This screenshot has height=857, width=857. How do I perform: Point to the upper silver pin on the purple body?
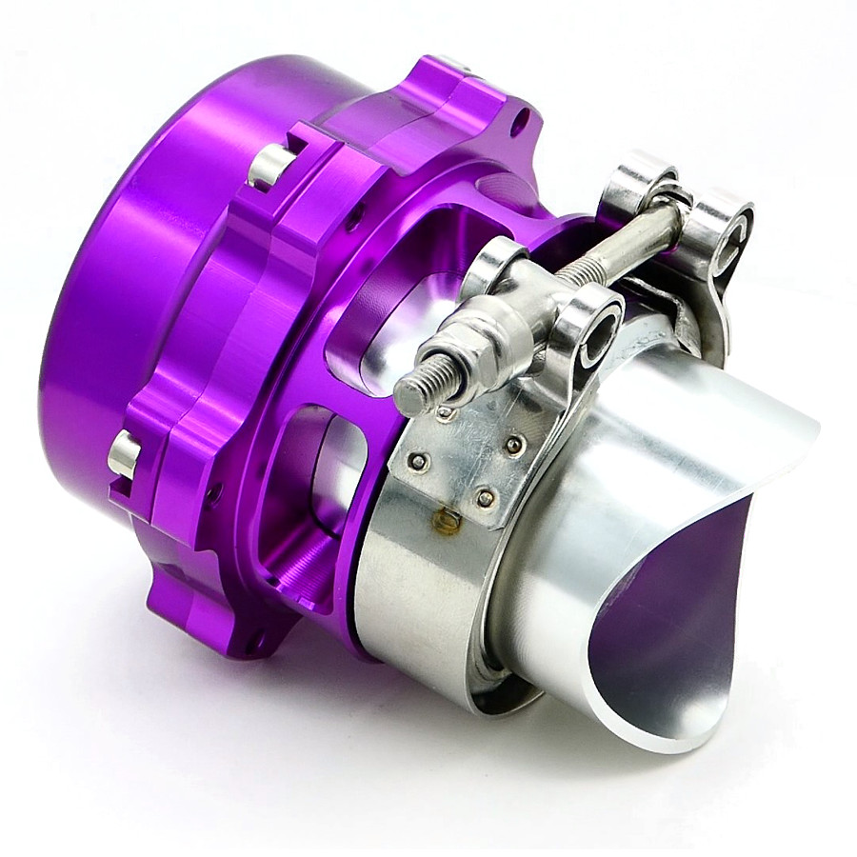(x=269, y=166)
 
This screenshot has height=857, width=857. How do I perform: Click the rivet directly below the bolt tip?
(x=444, y=412)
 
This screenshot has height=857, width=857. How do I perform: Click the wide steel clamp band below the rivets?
(x=419, y=609)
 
